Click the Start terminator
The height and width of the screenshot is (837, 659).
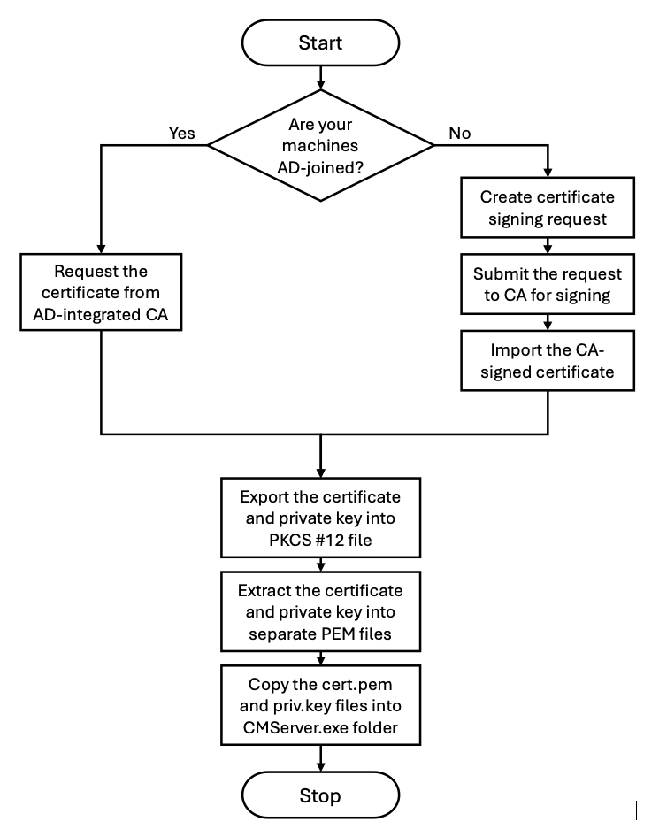point(320,42)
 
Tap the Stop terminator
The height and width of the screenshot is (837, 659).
point(320,795)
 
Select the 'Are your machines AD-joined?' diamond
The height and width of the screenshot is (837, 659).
point(320,145)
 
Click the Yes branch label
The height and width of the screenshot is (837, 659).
point(181,133)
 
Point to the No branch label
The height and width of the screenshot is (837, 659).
point(459,133)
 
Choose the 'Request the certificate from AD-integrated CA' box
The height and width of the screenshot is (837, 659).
point(101,292)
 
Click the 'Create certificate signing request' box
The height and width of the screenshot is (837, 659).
point(548,208)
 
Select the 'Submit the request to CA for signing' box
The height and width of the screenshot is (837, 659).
point(548,284)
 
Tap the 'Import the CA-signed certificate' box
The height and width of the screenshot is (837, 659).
point(548,361)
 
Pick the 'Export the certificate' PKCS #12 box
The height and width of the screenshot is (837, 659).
point(321,518)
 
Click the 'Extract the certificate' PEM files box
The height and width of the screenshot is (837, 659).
point(321,611)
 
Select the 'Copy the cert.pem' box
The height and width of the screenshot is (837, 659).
point(321,705)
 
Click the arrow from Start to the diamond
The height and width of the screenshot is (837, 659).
point(321,78)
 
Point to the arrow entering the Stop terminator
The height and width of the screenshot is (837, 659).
point(321,758)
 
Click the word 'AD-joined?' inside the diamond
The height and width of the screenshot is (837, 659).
point(320,168)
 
